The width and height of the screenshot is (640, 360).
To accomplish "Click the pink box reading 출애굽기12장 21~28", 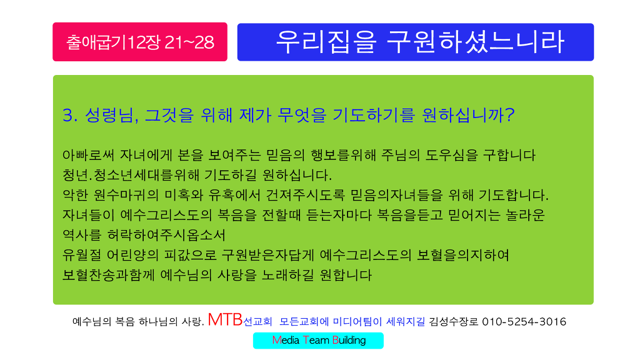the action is (x=140, y=42).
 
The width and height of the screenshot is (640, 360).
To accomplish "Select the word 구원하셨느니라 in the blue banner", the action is (x=476, y=42).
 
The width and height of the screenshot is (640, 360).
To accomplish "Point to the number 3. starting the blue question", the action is (x=70, y=115).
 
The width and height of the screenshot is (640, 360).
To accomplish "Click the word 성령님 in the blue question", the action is (x=109, y=115).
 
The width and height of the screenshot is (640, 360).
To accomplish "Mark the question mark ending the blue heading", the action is (x=510, y=115).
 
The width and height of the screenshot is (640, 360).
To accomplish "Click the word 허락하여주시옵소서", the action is (x=166, y=235).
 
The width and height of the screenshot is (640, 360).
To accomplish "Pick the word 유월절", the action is (x=82, y=255).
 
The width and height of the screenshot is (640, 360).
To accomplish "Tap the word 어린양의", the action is (x=132, y=255).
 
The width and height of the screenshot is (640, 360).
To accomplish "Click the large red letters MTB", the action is (x=225, y=319).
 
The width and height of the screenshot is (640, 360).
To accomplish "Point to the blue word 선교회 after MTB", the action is (x=257, y=322).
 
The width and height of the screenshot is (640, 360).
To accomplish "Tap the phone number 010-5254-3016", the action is (x=524, y=322).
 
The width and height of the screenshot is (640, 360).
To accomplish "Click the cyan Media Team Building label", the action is (x=318, y=341).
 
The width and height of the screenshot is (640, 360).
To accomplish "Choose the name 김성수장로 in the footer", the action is (x=454, y=322).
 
